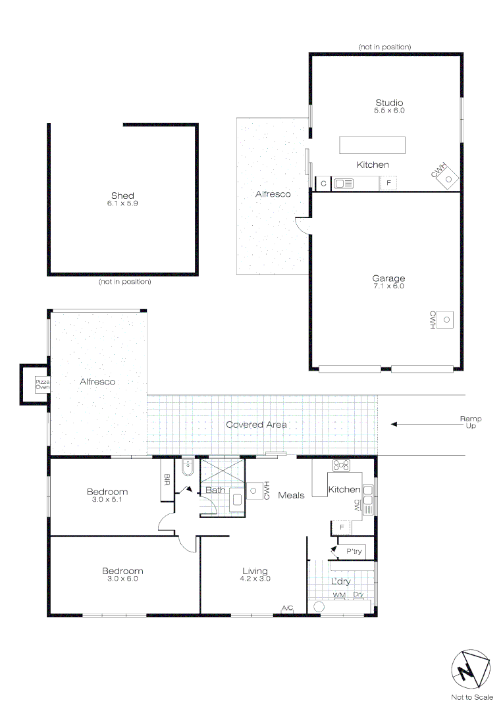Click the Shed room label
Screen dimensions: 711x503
(x=123, y=196)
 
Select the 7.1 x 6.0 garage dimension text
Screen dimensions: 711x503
(x=388, y=286)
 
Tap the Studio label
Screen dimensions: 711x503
(x=389, y=103)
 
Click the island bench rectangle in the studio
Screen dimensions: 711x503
(x=372, y=144)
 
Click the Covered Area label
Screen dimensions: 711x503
(x=256, y=425)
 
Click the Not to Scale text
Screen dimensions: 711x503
(x=471, y=697)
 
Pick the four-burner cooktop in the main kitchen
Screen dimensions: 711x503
(x=341, y=465)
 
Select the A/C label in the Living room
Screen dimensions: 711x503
(x=287, y=608)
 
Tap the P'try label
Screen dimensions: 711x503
(x=354, y=552)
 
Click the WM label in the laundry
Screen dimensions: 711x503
(x=339, y=594)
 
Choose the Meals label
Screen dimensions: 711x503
(x=291, y=494)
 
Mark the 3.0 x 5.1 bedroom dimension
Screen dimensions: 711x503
(x=107, y=500)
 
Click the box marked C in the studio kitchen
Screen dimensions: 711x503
(x=323, y=184)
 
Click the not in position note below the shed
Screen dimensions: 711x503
(x=124, y=282)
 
